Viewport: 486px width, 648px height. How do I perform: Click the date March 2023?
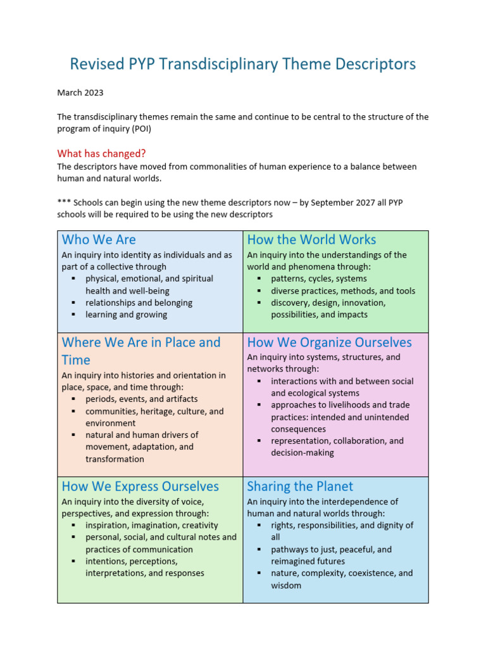click(80, 93)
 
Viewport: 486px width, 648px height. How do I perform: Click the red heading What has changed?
click(101, 154)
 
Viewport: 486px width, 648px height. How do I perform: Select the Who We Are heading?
click(99, 240)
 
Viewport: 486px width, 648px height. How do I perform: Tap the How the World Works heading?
click(311, 240)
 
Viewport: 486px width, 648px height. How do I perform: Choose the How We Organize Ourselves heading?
click(329, 342)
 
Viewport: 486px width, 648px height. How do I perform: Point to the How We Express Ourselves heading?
click(140, 487)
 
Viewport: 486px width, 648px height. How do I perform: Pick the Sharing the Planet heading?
click(300, 487)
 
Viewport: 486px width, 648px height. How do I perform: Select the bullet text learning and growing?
click(127, 315)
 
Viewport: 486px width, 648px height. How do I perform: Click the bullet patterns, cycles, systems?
click(318, 279)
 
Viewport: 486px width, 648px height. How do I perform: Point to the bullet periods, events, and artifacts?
click(142, 399)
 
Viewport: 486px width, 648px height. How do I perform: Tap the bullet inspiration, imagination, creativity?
click(152, 525)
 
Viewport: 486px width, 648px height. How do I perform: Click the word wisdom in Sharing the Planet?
click(286, 585)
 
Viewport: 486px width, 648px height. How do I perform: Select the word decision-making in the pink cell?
click(302, 453)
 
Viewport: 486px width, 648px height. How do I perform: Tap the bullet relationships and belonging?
click(139, 302)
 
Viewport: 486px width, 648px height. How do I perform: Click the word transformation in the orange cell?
click(115, 459)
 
